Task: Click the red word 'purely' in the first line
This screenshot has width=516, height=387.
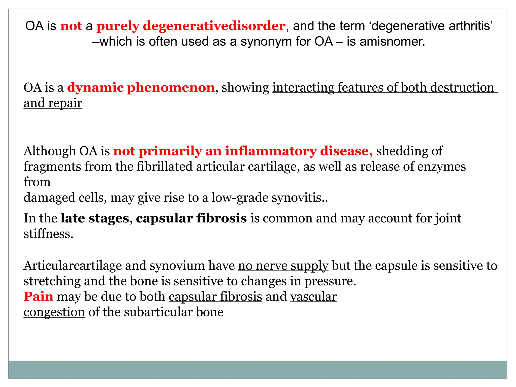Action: click(118, 26)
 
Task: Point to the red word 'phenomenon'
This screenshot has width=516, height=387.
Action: click(171, 87)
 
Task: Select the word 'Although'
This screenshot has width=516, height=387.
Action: click(49, 151)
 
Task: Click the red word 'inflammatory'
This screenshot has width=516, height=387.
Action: click(271, 151)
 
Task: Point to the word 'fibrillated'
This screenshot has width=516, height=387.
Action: click(165, 167)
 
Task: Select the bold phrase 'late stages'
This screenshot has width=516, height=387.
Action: click(95, 218)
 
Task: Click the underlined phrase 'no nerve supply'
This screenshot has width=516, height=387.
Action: click(283, 266)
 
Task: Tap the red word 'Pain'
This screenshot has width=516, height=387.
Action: click(38, 297)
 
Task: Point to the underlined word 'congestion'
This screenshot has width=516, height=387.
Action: click(54, 312)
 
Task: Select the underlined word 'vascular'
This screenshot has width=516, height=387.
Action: click(313, 297)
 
